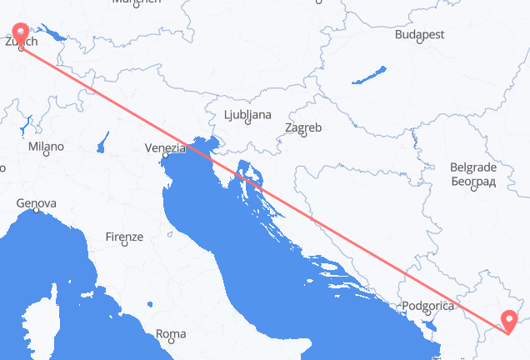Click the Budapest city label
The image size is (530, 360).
point(420,35)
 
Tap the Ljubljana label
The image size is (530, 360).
point(247,113)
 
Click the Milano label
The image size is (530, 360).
point(45,147)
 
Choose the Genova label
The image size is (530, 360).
point(37,203)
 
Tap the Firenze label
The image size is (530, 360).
point(125,237)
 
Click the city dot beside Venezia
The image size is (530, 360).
point(165,155)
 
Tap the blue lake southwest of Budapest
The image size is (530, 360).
point(368,76)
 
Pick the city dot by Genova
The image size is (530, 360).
point(35,211)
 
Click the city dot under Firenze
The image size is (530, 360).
point(124,244)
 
